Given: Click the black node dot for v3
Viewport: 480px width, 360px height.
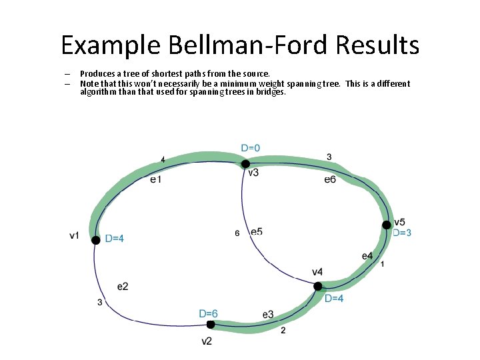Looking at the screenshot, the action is click(245, 164).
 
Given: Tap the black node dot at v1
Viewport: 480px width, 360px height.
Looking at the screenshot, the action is click(96, 240).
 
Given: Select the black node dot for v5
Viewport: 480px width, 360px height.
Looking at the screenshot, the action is click(386, 225).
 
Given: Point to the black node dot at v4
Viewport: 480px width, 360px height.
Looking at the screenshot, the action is click(318, 287).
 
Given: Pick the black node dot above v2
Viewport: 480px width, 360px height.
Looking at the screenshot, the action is click(210, 325).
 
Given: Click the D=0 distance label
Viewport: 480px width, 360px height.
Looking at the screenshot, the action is click(251, 148).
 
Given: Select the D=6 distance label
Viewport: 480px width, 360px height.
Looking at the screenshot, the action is click(208, 313).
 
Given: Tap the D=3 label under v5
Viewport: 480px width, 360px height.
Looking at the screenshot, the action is click(401, 233).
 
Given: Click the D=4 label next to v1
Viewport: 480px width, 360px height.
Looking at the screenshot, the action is click(114, 239).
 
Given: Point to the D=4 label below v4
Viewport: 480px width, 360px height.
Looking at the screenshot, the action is click(334, 299).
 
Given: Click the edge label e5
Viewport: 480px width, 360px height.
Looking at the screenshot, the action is click(257, 231).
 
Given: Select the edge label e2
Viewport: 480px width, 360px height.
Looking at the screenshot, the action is click(123, 287).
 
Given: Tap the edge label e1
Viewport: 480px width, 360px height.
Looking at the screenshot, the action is click(155, 179).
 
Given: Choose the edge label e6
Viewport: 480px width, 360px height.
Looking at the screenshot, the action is click(330, 179).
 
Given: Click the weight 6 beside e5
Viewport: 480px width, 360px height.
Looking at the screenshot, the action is click(237, 233).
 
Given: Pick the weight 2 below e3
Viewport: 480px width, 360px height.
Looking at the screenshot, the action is click(283, 330).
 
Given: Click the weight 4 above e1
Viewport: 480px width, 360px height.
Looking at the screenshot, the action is click(163, 160).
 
